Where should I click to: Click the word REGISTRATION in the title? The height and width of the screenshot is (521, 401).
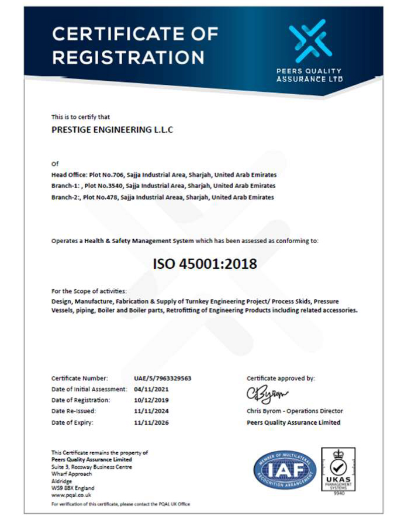(128, 57)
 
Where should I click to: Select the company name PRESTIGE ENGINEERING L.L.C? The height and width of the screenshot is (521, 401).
(113, 129)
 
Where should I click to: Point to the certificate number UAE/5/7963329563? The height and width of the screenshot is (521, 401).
(163, 378)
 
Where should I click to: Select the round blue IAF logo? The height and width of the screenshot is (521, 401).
(285, 470)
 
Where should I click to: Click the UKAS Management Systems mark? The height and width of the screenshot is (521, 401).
(338, 471)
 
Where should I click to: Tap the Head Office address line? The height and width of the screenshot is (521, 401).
(164, 175)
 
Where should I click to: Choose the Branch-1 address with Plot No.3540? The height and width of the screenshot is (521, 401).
(163, 186)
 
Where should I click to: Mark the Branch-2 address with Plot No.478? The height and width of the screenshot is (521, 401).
(162, 197)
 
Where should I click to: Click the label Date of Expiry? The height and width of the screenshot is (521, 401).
(73, 422)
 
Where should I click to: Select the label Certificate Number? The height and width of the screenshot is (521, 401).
(80, 378)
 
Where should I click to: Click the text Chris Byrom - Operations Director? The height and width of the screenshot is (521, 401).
(295, 411)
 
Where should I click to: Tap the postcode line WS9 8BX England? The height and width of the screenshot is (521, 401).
(73, 487)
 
